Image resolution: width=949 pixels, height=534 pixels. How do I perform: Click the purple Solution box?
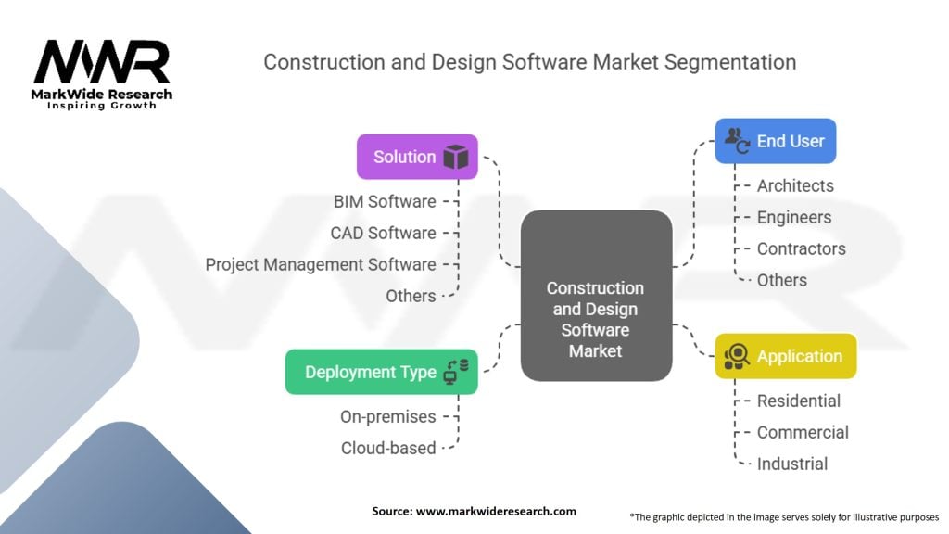(417, 157)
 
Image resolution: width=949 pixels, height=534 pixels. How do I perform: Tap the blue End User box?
(775, 141)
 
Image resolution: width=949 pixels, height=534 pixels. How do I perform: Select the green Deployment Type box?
(381, 372)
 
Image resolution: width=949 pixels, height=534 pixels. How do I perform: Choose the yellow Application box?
(785, 356)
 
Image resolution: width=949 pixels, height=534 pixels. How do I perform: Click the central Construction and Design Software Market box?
(595, 296)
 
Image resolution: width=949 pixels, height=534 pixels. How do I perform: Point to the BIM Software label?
(385, 201)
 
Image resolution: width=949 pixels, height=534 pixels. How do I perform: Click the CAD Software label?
(383, 233)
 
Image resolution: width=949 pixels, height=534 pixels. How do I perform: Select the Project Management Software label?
(321, 264)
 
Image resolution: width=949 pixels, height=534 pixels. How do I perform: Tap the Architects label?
(795, 185)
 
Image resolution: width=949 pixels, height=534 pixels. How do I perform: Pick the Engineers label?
(794, 217)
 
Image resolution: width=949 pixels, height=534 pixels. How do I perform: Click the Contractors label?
(801, 248)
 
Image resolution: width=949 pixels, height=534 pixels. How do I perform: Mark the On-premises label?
(387, 416)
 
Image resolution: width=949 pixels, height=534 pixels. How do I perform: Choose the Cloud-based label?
(388, 448)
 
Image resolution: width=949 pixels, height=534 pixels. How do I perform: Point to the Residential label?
(799, 400)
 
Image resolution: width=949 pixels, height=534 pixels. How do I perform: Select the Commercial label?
(803, 432)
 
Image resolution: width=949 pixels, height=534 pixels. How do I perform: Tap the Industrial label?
(792, 464)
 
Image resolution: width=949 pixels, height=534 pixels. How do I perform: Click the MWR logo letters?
(102, 63)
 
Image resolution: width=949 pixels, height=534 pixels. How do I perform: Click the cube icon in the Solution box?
(455, 157)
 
